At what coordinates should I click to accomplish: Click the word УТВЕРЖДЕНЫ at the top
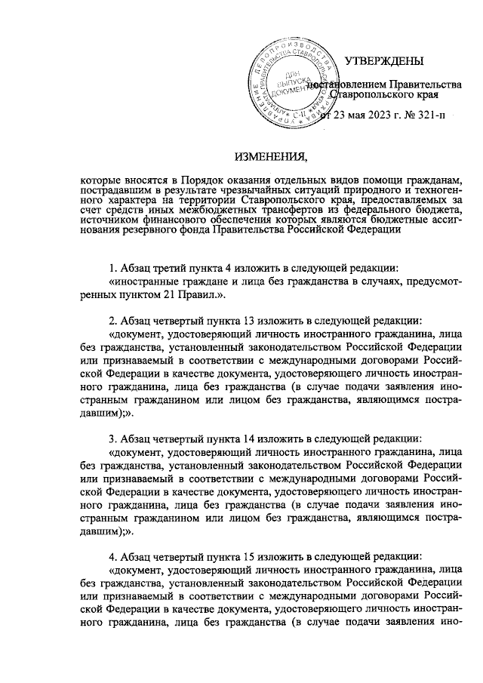pyautogui.click(x=383, y=61)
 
